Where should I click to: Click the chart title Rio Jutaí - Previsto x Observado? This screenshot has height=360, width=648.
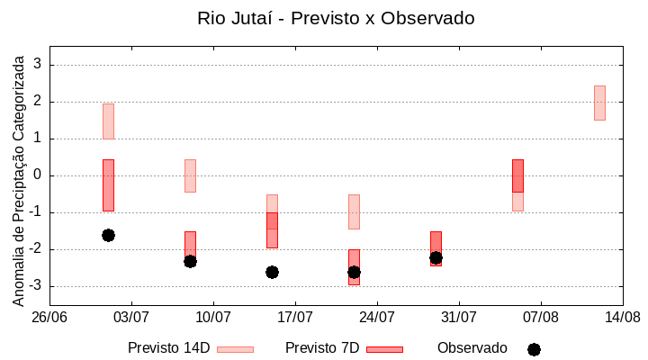tap(336, 18)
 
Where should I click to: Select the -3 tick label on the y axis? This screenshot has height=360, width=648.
tap(35, 286)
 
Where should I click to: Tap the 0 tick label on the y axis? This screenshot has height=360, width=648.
tap(38, 175)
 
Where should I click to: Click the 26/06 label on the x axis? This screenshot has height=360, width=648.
tap(49, 317)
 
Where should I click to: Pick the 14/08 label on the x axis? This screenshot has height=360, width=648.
tap(622, 317)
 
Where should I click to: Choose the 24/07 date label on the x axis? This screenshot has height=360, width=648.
tap(377, 317)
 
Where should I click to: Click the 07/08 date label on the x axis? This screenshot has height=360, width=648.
tap(540, 317)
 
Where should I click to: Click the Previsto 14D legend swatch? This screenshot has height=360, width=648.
tap(235, 349)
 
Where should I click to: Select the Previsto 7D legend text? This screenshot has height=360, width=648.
tap(322, 348)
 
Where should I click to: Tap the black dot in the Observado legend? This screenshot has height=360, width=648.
tap(534, 349)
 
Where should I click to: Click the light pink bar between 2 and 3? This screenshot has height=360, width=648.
tap(599, 103)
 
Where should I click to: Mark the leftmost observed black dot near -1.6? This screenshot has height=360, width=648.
tap(108, 235)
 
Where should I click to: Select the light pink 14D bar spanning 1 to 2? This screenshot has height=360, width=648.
tap(108, 121)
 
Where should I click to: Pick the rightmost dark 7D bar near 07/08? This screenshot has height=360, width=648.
tap(517, 175)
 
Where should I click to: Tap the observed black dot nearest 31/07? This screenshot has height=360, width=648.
tap(436, 257)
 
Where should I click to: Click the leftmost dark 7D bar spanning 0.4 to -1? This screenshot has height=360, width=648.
tap(108, 184)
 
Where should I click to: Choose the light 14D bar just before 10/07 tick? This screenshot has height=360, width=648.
tap(190, 175)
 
